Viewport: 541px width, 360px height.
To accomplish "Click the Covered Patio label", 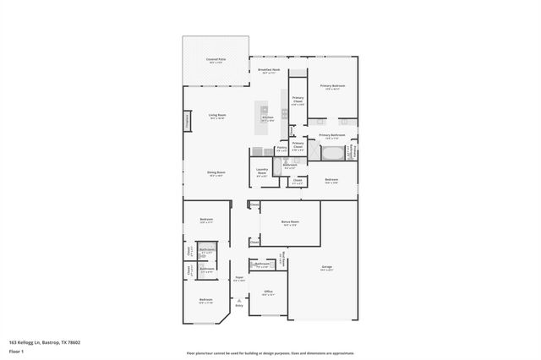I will point(215,60).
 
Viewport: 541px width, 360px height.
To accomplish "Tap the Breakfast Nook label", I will point(268,71).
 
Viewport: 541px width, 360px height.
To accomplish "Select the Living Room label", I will point(217,116).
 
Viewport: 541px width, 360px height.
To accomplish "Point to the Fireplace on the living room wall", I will point(187,123).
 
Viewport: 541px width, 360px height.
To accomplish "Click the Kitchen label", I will point(267,119).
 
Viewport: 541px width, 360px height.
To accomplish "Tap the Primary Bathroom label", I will point(332,135).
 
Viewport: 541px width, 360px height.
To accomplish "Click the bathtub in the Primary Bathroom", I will point(331,154).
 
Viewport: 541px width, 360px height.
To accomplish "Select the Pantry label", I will point(281,149).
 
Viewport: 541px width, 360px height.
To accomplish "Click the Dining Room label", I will point(216,173).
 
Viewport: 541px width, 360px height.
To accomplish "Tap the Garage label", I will point(326,268).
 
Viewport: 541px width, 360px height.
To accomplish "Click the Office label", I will point(267,292).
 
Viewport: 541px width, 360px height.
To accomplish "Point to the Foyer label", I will point(239,278).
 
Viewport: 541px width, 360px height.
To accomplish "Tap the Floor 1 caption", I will point(15,350).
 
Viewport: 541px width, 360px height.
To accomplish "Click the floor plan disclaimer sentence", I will point(270,352).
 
